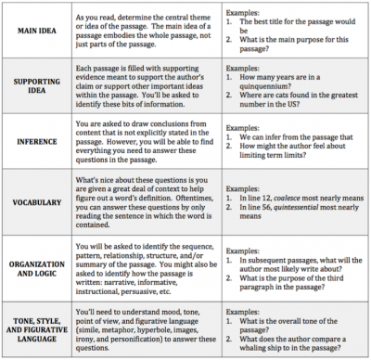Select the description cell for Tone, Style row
(x=154, y=330)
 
